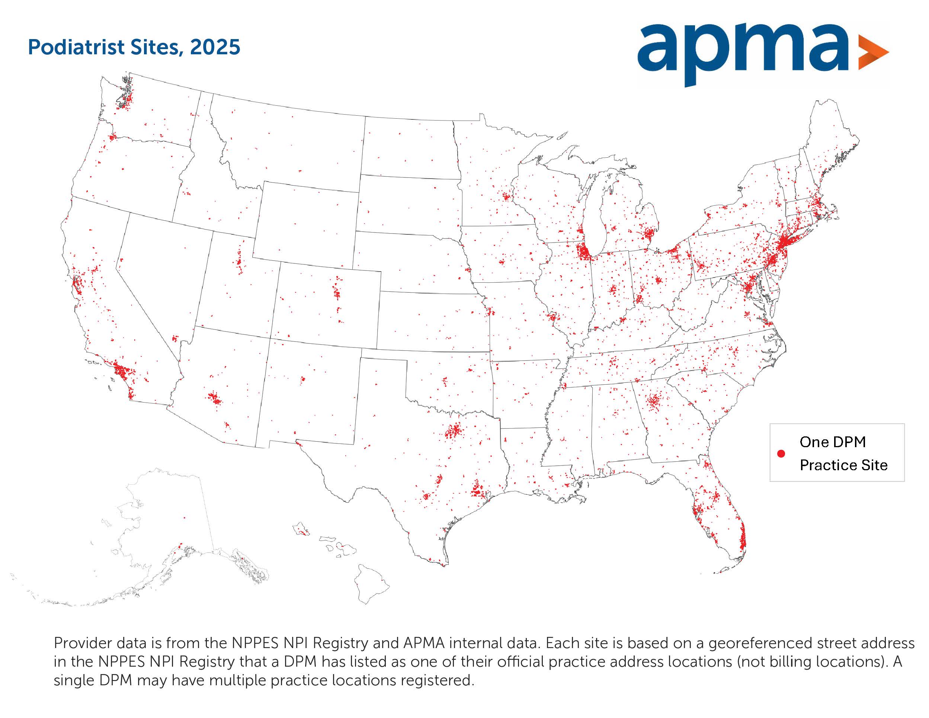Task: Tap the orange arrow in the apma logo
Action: click(x=872, y=53)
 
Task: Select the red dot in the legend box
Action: click(x=781, y=454)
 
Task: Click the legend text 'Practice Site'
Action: click(x=843, y=465)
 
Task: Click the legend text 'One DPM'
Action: click(x=832, y=442)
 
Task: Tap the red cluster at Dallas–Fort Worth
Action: click(x=454, y=431)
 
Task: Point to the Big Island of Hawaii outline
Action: click(x=371, y=584)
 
